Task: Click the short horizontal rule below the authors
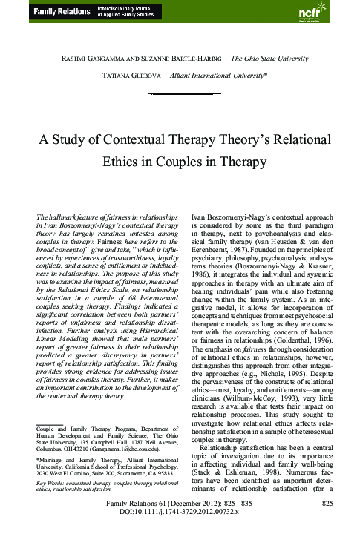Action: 180,94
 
